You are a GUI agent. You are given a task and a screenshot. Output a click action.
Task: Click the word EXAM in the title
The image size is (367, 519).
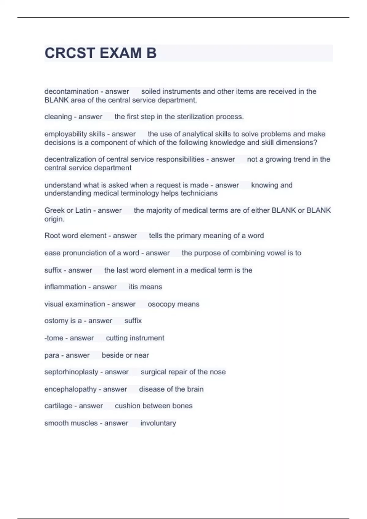(120, 53)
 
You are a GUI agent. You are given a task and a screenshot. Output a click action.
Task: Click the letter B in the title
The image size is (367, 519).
(151, 53)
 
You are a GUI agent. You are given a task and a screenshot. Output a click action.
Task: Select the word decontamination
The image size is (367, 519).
(71, 91)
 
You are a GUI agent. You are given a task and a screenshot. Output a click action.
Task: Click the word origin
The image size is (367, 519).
(54, 219)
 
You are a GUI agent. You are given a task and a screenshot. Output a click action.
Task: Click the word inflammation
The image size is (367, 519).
(65, 287)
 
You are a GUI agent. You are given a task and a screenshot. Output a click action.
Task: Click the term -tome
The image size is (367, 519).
(54, 338)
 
